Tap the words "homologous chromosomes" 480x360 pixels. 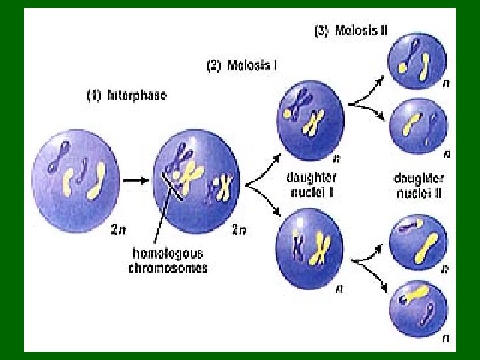(x=168, y=261)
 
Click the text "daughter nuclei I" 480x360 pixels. (x=311, y=185)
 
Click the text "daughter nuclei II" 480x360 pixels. (x=419, y=186)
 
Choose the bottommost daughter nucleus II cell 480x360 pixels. (x=418, y=306)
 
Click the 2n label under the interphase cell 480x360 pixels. (x=119, y=230)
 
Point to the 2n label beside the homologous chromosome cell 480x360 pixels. (x=239, y=230)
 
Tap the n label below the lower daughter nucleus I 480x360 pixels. (x=340, y=289)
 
